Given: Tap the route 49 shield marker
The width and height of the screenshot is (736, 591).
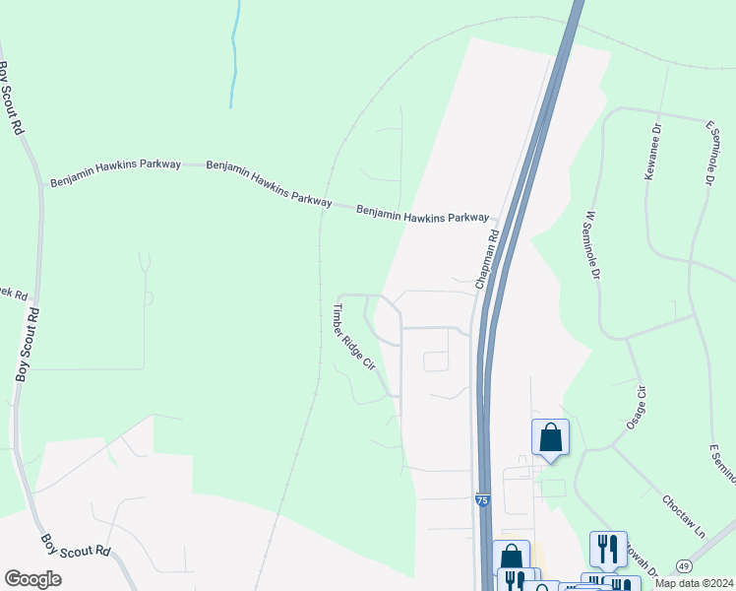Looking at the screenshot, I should click(x=683, y=565).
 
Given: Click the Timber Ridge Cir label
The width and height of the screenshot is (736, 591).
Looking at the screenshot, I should click(x=353, y=337).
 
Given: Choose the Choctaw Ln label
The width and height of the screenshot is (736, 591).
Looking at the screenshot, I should click(x=684, y=515).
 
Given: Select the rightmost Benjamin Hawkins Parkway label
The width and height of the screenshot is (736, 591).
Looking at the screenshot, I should click(x=422, y=214).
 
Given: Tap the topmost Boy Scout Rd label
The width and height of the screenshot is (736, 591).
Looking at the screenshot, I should click(x=9, y=98).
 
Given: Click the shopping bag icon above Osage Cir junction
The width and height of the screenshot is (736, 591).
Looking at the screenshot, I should click(x=550, y=436).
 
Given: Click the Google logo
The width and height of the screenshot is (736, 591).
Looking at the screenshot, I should click(x=32, y=579).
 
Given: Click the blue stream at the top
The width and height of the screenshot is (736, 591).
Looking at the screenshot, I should click(x=234, y=54).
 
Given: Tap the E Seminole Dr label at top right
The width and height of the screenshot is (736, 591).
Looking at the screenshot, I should click(x=708, y=153).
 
